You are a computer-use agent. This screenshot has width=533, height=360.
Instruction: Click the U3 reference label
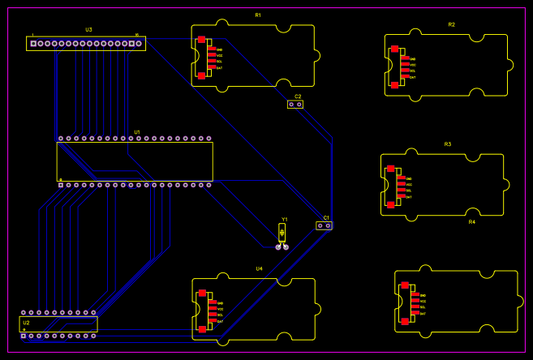(x=88, y=30)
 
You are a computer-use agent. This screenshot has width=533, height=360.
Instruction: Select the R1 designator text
(x=258, y=15)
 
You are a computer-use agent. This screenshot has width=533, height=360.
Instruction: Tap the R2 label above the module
(x=451, y=25)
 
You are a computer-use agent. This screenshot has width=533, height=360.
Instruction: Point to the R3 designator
(x=447, y=144)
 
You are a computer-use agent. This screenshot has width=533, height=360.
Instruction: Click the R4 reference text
(x=471, y=221)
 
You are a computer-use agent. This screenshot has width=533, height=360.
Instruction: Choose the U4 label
(x=259, y=268)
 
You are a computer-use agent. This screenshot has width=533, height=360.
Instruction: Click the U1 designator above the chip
(x=137, y=132)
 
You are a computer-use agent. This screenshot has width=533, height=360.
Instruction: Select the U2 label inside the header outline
(x=26, y=323)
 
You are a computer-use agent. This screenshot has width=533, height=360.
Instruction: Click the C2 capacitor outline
(x=295, y=104)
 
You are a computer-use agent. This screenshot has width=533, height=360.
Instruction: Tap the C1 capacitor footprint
(x=324, y=225)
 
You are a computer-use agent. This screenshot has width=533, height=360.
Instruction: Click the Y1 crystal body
(x=282, y=234)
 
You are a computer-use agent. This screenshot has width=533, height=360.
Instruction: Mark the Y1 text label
(x=285, y=220)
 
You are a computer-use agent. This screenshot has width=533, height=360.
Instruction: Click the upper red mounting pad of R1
(x=201, y=40)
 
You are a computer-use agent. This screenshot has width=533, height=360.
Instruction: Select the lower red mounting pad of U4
(x=202, y=329)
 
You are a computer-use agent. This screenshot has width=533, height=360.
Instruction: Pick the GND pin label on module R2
(x=412, y=59)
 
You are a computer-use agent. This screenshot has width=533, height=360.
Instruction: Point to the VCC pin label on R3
(x=409, y=185)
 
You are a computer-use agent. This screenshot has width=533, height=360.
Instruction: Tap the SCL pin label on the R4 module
(x=423, y=307)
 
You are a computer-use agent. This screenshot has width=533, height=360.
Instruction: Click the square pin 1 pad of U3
(x=33, y=43)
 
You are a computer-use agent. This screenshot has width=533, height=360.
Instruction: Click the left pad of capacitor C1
(x=320, y=225)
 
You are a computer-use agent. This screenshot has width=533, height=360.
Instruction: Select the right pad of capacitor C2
(x=299, y=104)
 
